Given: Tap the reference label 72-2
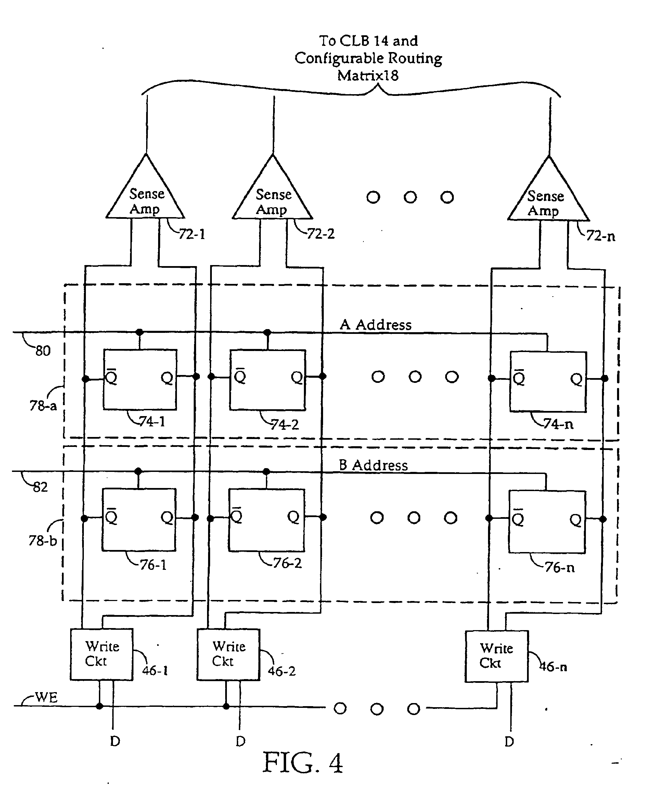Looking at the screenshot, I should point(320,234).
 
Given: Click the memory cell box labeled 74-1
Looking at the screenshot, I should point(140,379).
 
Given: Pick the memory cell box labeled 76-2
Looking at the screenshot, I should point(266,520).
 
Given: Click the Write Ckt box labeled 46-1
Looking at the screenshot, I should point(101,654).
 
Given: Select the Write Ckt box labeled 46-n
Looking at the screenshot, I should point(496,656).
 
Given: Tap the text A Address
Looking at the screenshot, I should point(375,325).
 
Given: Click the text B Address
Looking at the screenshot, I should point(373,465).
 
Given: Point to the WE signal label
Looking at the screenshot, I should point(46,698).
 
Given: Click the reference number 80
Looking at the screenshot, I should point(43,351).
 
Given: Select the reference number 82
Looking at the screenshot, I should point(40,487).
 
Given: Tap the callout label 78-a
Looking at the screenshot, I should point(43,405).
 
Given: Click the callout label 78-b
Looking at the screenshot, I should point(42,540).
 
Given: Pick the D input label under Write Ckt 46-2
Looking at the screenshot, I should point(241,741).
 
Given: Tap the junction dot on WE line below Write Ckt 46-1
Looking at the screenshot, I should point(100,706).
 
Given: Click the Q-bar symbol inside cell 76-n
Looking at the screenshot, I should point(518,518).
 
